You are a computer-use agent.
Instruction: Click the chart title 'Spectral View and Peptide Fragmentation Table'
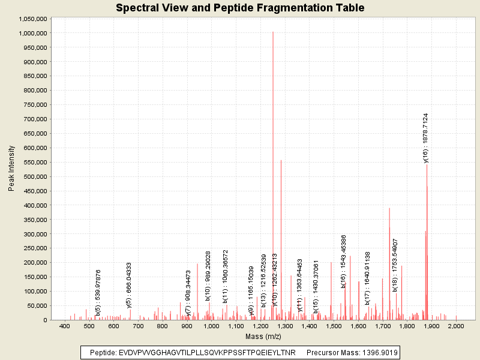point(240,8)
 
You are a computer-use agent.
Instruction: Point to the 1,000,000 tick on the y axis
point(34,33)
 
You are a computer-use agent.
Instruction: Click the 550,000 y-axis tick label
point(36,162)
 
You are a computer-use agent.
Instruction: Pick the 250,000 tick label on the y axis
point(36,248)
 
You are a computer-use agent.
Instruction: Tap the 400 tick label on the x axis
point(65,326)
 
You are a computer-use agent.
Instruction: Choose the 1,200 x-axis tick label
point(260,326)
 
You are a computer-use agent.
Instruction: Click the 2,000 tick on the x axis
point(456,326)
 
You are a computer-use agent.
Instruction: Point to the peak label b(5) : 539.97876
point(98,293)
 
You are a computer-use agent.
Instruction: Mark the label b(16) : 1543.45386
point(344,262)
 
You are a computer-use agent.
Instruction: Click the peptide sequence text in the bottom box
point(193,352)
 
